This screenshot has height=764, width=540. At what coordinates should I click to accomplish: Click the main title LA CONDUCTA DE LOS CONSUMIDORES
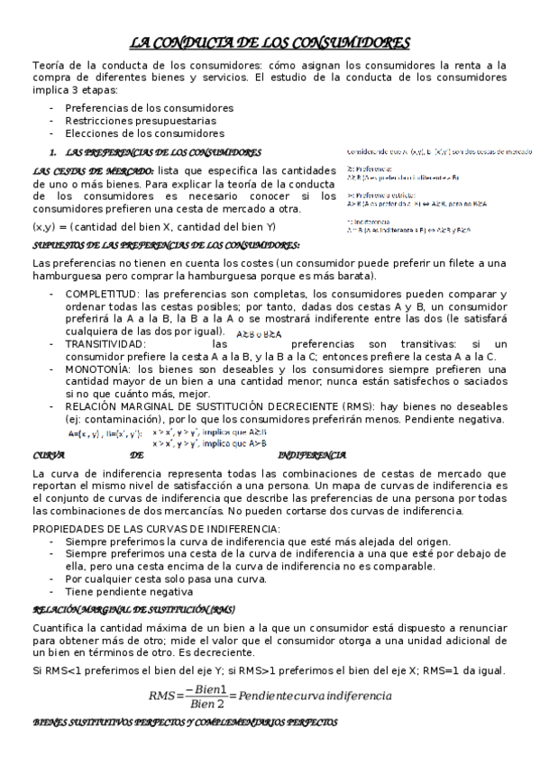tap(270, 42)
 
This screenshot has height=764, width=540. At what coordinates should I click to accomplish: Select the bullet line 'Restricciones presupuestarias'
tap(140, 120)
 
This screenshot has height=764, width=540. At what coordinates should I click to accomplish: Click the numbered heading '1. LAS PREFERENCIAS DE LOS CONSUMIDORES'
tap(158, 152)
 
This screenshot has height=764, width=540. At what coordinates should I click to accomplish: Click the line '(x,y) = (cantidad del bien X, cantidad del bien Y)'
tap(154, 226)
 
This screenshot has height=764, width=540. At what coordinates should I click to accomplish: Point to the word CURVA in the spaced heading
tap(48, 455)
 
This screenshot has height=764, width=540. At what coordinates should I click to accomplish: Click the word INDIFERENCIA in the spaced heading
tap(313, 455)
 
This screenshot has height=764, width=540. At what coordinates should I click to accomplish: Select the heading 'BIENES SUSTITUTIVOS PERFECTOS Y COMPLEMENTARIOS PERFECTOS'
tap(185, 723)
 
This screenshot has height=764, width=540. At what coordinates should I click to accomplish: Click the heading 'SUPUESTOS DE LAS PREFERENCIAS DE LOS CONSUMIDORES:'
tap(167, 245)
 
